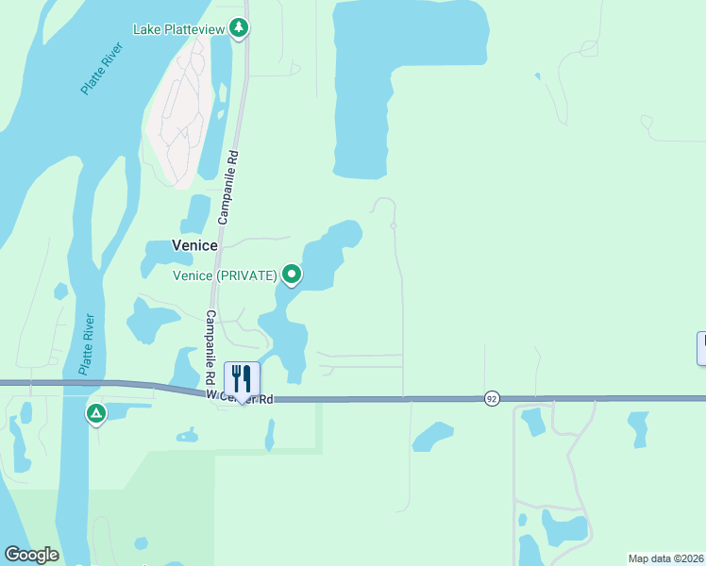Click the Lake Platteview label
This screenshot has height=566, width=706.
pos(178,29)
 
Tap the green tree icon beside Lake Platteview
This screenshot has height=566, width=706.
pos(240,28)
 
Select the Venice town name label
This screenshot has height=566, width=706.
pos(194,245)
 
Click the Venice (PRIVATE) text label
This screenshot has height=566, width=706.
pos(225,275)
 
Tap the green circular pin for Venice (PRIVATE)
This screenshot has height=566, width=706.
pos(293,275)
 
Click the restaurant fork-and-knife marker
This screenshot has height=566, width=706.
pos(242,379)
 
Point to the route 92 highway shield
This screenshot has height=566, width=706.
pos(492,399)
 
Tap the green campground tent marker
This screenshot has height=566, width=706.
pos(95,414)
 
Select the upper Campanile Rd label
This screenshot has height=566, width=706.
pos(228,185)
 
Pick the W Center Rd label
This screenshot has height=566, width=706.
pos(241,400)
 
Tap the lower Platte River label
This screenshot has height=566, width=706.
pos(88,344)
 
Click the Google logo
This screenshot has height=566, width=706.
pos(31,555)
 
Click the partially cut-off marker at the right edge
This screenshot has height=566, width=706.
pos(701,348)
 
